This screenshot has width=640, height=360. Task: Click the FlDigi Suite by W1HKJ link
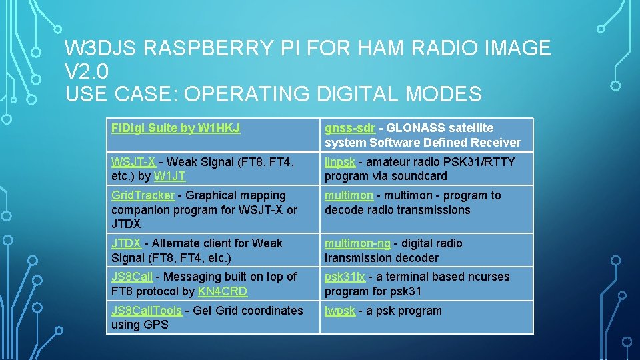point(175,128)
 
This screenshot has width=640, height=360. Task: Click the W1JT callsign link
point(169,177)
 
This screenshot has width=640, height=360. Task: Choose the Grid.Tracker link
point(143,195)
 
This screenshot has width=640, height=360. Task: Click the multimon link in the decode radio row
point(349,195)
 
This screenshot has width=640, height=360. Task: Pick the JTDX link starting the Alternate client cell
point(126,243)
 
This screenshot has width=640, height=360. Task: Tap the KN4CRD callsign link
point(223,291)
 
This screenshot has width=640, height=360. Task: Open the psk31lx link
point(345,277)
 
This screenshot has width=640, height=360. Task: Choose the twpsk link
point(340,311)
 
